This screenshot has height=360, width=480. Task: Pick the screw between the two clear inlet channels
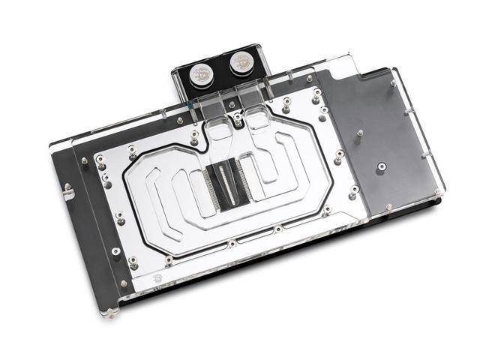238,117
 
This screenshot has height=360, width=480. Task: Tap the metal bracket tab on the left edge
69,193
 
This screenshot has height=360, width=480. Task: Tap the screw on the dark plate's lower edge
388,205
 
